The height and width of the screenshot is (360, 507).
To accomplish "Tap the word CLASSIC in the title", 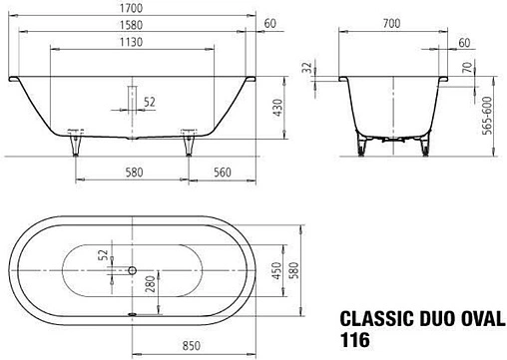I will [x=377, y=320].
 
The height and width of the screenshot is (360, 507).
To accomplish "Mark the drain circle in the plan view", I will [x=132, y=270].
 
